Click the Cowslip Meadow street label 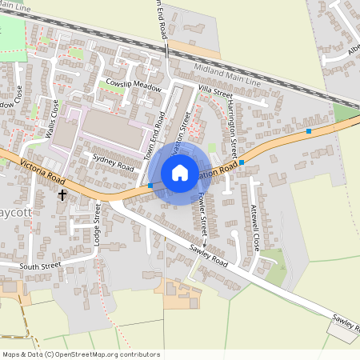click(x=133, y=85)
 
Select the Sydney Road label click(x=114, y=162)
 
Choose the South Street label click(x=40, y=265)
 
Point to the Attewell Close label click(x=255, y=227)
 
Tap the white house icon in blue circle click(x=180, y=172)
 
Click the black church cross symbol click(x=62, y=194)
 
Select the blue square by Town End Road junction click(x=150, y=186)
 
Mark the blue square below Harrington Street click(x=242, y=162)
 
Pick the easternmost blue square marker click(x=309, y=130)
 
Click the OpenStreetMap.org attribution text click(x=80, y=354)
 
